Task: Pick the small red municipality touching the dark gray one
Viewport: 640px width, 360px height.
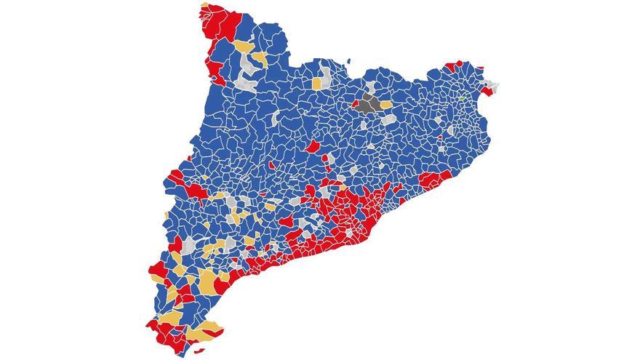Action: click(355, 103)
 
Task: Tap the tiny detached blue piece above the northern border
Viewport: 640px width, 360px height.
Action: click(349, 61)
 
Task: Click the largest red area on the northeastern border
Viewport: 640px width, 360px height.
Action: click(452, 66)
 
